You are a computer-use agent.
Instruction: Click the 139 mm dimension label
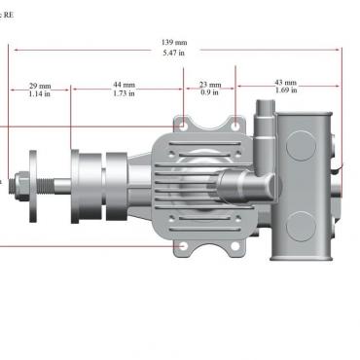coord(174,43)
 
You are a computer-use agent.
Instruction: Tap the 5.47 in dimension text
coord(174,53)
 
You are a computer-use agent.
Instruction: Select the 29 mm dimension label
coord(40,86)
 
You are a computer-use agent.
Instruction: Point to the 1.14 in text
coord(40,93)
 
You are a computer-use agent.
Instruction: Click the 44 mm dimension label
coord(124,85)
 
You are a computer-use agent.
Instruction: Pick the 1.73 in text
coord(124,93)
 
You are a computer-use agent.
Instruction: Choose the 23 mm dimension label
coord(210,85)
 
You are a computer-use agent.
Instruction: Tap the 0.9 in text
coord(209,92)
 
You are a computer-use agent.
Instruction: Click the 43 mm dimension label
coord(286,83)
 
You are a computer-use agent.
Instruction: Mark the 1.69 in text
coord(286,90)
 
